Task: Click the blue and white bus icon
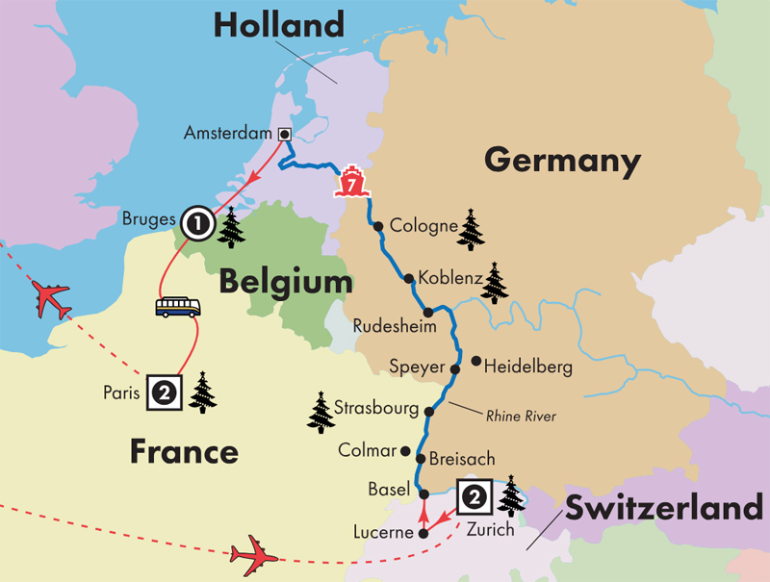point(178,307)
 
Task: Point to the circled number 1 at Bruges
point(196,224)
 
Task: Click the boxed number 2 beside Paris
point(162,392)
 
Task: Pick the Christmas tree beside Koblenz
point(495,283)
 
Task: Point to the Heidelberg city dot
point(476,362)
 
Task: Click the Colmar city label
point(367,450)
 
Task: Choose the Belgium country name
point(285,282)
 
